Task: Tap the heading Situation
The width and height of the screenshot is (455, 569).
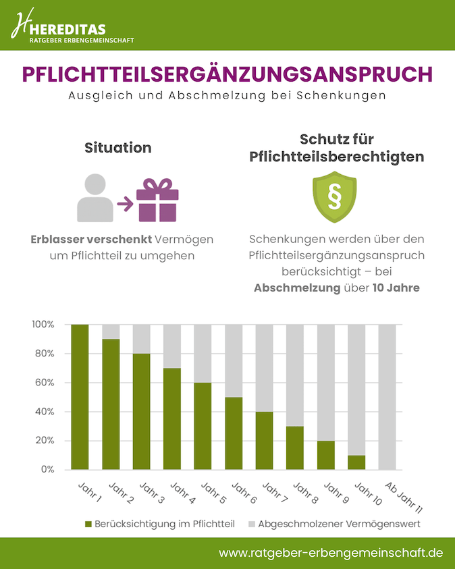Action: pos(117,148)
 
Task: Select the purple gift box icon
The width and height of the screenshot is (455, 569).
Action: pos(157,200)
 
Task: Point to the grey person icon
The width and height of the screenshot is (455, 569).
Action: pos(95,198)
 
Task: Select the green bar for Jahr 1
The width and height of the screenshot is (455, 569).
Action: pos(80,397)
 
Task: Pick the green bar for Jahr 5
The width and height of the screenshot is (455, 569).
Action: pos(203,426)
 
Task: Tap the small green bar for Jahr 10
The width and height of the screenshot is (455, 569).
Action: pos(356,462)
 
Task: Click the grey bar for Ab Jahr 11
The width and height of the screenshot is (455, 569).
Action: pos(387,397)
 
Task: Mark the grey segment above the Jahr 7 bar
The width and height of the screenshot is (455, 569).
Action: pos(264,368)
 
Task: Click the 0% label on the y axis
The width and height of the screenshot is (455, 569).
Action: pos(46,470)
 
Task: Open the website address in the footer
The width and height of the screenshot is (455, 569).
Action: pos(331,552)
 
